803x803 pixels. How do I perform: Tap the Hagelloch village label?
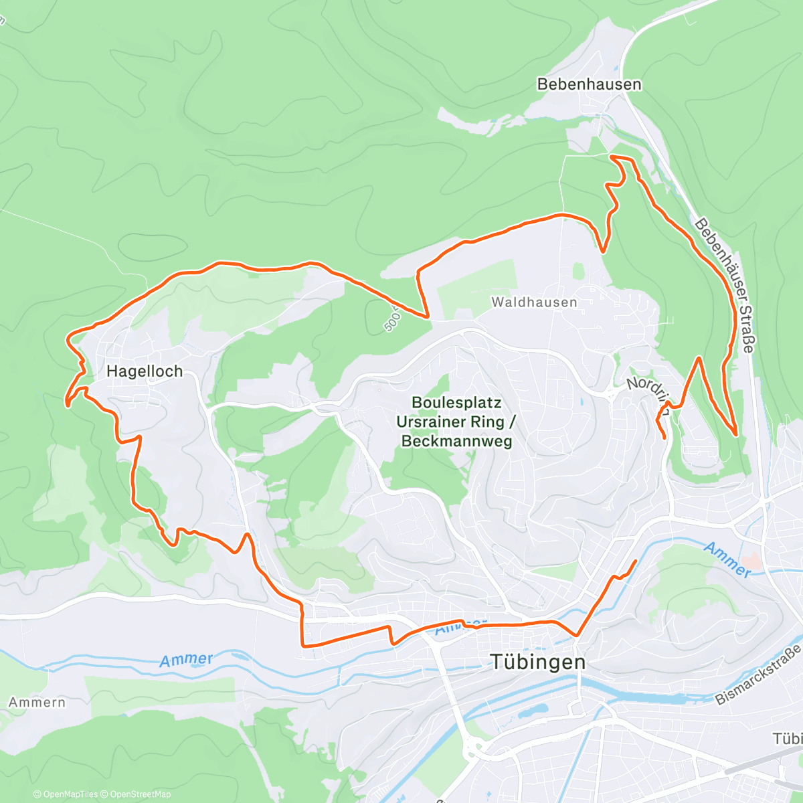tap(145, 371)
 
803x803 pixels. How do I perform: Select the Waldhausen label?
tap(534, 302)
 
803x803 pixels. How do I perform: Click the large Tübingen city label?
tap(538, 662)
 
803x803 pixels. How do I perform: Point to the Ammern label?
tap(37, 703)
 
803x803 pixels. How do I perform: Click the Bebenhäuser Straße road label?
tap(725, 285)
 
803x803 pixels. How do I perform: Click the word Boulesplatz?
tap(456, 403)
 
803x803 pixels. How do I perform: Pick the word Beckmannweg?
tap(456, 441)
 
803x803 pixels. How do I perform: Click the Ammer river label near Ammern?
tap(185, 660)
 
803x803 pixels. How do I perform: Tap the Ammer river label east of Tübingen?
tap(727, 559)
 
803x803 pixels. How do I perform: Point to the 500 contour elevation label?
tap(391, 321)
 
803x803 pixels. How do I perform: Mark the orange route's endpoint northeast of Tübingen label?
tap(634, 560)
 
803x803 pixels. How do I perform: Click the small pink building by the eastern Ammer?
tap(752, 563)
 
